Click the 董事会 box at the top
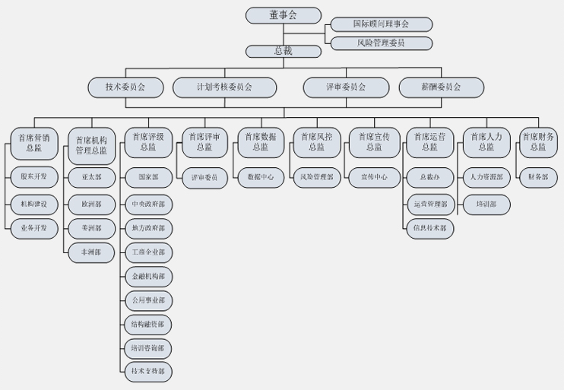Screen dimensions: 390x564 283,14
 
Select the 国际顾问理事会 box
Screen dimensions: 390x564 382,24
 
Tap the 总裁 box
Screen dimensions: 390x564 283,52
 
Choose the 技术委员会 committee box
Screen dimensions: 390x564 125,87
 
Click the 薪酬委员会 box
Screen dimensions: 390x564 441,87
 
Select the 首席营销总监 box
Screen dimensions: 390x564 34,142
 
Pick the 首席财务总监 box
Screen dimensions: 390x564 538,142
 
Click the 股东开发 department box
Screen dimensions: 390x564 34,177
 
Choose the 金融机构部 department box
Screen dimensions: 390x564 147,276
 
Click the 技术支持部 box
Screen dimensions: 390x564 147,372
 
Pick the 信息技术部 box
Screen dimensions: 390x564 430,227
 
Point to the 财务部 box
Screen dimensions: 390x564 538,177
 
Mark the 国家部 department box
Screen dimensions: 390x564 147,177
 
